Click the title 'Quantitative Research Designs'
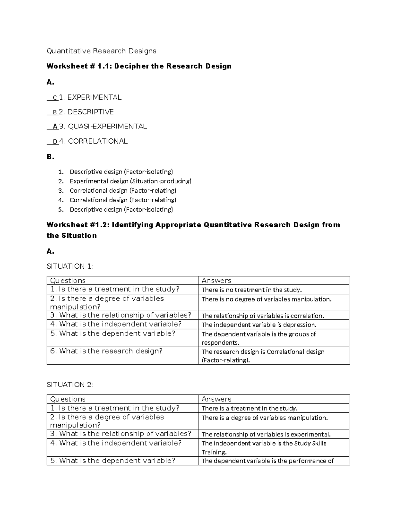tap(101, 51)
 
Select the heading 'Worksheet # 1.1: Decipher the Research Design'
tap(139, 66)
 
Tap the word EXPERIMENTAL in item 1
tap(94, 97)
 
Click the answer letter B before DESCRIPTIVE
tap(55, 112)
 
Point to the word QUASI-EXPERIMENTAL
tap(107, 127)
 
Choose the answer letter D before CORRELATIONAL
tap(55, 142)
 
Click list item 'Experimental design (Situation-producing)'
tap(130, 181)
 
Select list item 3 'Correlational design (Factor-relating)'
tap(123, 191)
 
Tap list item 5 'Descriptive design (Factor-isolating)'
tap(121, 209)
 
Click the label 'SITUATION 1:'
tap(70, 266)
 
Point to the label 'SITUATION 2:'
tap(70, 385)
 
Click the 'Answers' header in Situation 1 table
tap(216, 281)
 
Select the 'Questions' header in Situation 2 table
tap(68, 399)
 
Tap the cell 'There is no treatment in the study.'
tap(251, 290)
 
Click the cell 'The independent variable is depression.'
tap(259, 325)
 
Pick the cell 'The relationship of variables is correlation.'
tap(263, 316)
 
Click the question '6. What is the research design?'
tap(106, 351)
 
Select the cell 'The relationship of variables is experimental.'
tap(266, 434)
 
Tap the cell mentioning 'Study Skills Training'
tap(264, 448)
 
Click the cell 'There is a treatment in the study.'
tap(249, 408)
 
